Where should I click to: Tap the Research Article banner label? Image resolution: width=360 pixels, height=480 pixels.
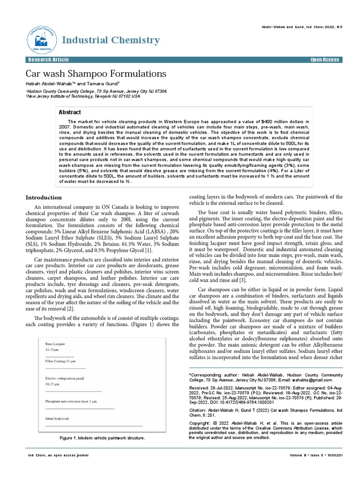coord(48,60)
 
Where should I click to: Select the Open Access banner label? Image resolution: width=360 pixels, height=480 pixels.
coord(324,60)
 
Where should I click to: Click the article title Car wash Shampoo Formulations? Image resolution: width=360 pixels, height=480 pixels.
coord(96,74)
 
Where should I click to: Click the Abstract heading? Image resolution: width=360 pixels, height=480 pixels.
coord(69,112)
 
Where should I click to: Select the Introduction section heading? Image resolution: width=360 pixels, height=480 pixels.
coord(44,197)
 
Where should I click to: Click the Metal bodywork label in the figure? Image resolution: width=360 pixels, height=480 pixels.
coord(57,418)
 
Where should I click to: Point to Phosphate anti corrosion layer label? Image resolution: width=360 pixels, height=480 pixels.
coord(71,402)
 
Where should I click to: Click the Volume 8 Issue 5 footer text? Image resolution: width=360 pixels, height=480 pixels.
coord(317,455)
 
